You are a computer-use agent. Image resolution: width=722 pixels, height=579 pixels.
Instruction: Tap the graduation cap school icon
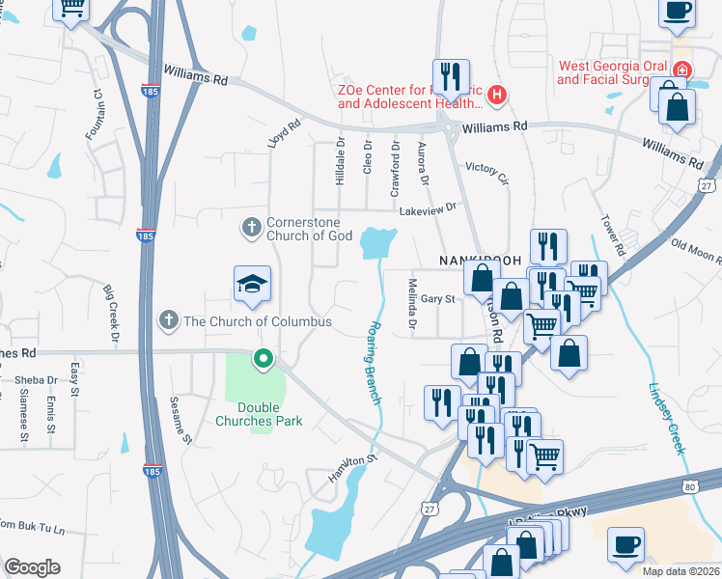coord(252,283)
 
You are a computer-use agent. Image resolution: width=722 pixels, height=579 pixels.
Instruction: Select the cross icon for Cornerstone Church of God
coord(251,228)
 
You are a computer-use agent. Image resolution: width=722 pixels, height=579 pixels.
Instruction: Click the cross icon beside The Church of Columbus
coord(168,320)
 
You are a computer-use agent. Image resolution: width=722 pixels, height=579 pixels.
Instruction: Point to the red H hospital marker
coord(496,95)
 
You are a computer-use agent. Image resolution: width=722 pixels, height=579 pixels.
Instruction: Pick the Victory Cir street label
coord(486,172)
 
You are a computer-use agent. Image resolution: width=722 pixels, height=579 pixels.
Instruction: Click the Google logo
coord(32,567)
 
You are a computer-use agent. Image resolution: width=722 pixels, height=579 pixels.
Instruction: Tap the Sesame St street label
coord(176,412)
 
